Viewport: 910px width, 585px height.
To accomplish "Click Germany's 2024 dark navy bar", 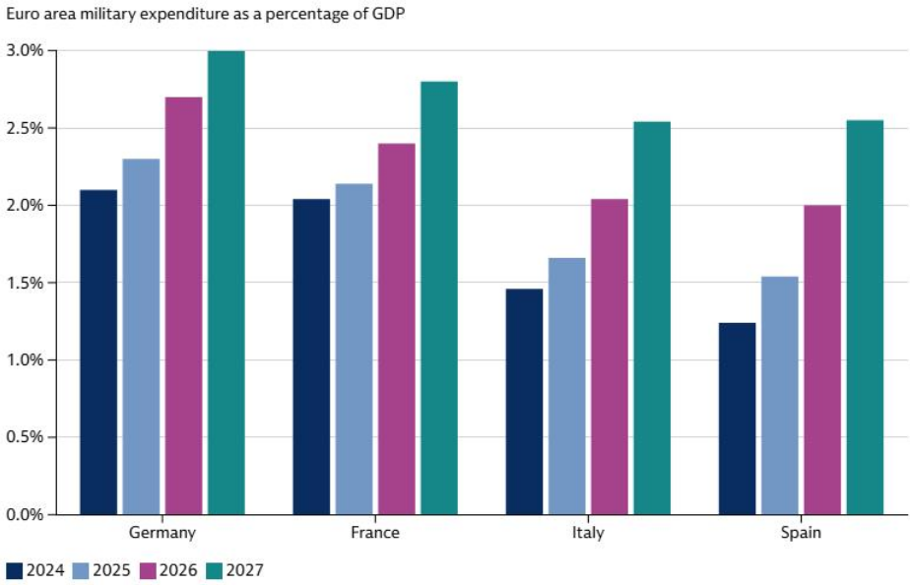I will pyautogui.click(x=98, y=352).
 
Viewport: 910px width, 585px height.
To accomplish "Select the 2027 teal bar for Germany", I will pyautogui.click(x=227, y=283).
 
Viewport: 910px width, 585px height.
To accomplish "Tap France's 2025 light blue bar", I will pyautogui.click(x=354, y=349).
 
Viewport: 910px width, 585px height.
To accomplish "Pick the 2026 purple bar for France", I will pyautogui.click(x=397, y=329).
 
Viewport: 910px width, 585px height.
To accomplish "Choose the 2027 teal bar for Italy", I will pyautogui.click(x=652, y=317).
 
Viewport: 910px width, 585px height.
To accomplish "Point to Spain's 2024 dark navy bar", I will pyautogui.click(x=738, y=418).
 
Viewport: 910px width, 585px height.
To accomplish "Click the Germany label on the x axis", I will pyautogui.click(x=162, y=533).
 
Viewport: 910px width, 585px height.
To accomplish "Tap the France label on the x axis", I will pyautogui.click(x=375, y=533).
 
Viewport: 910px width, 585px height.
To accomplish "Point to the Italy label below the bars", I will pyautogui.click(x=588, y=533).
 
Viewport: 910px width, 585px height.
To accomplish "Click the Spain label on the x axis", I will pyautogui.click(x=801, y=533).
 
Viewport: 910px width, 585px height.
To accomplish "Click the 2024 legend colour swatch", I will pyautogui.click(x=14, y=569).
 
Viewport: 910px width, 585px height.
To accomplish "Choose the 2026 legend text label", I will pyautogui.click(x=178, y=569).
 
